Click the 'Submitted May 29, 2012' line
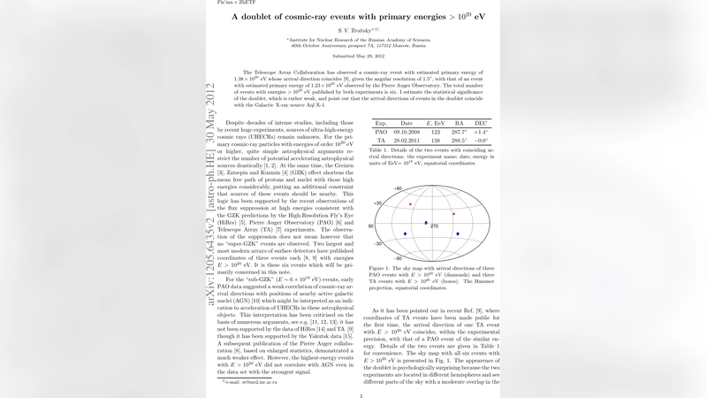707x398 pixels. click(353, 56)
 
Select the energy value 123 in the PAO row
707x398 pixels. click(435, 130)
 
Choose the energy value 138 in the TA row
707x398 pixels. click(435, 139)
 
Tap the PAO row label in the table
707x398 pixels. click(381, 130)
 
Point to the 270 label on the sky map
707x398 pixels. click(434, 226)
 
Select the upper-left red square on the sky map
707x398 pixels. click(409, 204)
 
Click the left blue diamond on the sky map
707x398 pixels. click(405, 233)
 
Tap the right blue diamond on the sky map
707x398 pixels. click(458, 233)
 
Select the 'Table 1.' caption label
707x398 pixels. click(381, 151)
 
